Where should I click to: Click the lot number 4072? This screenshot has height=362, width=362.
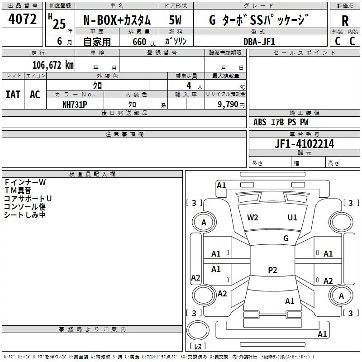coord(23,19)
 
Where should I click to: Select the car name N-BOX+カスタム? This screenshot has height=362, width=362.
coord(119,20)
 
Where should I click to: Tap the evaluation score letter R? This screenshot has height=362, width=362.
coord(345,20)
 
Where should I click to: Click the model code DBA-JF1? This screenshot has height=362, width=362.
coord(259,42)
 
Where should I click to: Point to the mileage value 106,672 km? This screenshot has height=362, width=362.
coord(52,65)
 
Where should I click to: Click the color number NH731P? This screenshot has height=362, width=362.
coord(75,104)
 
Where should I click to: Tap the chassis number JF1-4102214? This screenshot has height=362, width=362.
coord(304,144)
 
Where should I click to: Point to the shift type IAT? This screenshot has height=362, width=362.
coord(13,94)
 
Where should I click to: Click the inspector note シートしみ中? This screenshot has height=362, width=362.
coord(25,215)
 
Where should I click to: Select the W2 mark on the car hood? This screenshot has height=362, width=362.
coord(252,217)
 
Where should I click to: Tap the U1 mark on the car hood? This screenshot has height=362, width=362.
coord(292,217)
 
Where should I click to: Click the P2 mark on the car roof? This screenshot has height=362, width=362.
coord(272,270)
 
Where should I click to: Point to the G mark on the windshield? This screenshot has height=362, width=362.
coord(286,238)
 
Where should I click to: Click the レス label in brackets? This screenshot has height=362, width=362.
coord(197,346)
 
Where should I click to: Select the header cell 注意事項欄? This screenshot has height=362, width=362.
coord(124,134)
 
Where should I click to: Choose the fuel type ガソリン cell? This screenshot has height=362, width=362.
coord(176,42)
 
